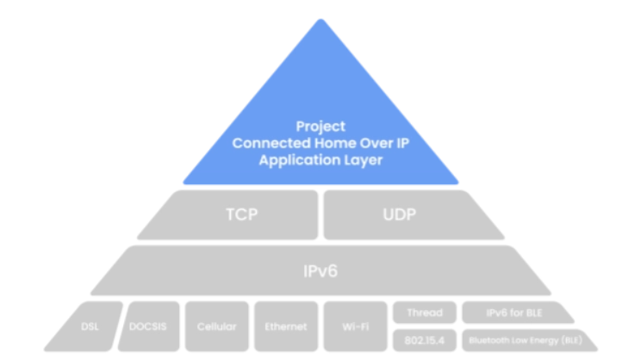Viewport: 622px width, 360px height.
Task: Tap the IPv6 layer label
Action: (320, 271)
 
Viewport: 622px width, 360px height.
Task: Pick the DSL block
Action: (86, 326)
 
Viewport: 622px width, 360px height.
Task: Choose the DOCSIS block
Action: (149, 326)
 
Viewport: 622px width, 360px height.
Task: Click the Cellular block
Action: (216, 326)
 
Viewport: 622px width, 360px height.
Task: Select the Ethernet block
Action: (286, 326)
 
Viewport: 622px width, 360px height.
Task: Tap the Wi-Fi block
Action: (356, 326)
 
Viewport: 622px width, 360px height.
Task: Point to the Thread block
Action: (425, 313)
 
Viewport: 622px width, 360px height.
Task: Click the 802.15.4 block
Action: (425, 340)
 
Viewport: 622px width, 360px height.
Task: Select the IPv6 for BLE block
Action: (516, 313)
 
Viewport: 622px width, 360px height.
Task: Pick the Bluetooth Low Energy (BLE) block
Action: (527, 340)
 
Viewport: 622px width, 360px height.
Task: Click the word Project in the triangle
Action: (320, 127)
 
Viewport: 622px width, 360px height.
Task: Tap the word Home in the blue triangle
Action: (334, 143)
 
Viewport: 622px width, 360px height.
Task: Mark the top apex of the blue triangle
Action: (320, 19)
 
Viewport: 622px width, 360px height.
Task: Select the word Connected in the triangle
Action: (271, 143)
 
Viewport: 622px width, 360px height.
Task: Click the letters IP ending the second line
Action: (402, 143)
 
